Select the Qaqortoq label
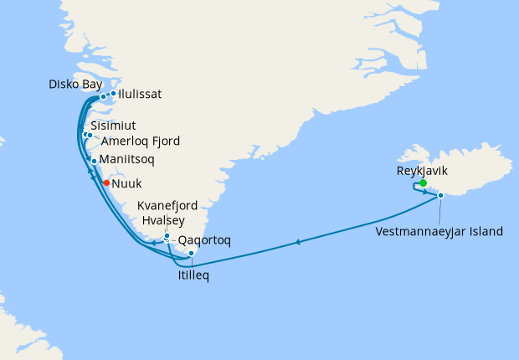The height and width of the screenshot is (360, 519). (205, 239)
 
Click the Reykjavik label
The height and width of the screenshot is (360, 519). (423, 170)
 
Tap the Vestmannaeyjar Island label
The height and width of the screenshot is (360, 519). (439, 230)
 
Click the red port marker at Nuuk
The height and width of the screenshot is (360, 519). (106, 182)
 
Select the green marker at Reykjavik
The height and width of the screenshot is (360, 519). (424, 183)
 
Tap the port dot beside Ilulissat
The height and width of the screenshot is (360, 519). (113, 94)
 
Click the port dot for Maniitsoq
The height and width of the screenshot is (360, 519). (95, 160)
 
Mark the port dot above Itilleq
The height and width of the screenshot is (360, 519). (192, 253)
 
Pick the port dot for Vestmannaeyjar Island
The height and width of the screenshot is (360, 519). (440, 196)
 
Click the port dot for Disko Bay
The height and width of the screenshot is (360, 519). (103, 97)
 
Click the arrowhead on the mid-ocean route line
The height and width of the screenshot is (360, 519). (297, 243)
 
